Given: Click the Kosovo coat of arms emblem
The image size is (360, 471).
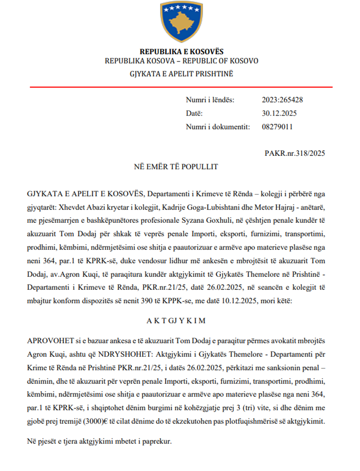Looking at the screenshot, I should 181,22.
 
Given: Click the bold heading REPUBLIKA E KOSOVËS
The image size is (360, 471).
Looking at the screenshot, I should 181,52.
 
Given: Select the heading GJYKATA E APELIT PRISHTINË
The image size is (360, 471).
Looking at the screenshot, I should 181,74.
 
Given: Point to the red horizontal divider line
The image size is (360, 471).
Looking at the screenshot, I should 181,87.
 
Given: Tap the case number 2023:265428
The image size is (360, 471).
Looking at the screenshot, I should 282,100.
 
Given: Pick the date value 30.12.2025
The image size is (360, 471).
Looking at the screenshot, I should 279,113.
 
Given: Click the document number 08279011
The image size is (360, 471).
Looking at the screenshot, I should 277,127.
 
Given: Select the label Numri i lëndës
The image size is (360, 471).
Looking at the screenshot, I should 210,100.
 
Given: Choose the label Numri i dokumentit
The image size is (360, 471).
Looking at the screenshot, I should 218,127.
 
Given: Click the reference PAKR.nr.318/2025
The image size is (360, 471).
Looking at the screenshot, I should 295,153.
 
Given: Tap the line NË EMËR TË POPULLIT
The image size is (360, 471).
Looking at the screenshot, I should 176,167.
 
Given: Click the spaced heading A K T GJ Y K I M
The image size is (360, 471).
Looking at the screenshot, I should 176,321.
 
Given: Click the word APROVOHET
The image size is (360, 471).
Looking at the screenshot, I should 50,341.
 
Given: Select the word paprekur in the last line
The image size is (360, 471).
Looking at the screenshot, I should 156,441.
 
